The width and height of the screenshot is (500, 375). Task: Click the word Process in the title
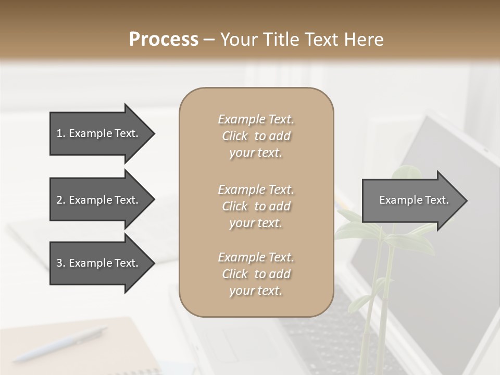164,39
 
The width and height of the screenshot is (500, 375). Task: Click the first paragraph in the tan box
256,136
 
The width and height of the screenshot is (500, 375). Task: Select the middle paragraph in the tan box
256,206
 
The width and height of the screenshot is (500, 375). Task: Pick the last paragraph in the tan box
256,274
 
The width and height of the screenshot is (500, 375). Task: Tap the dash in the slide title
209,40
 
